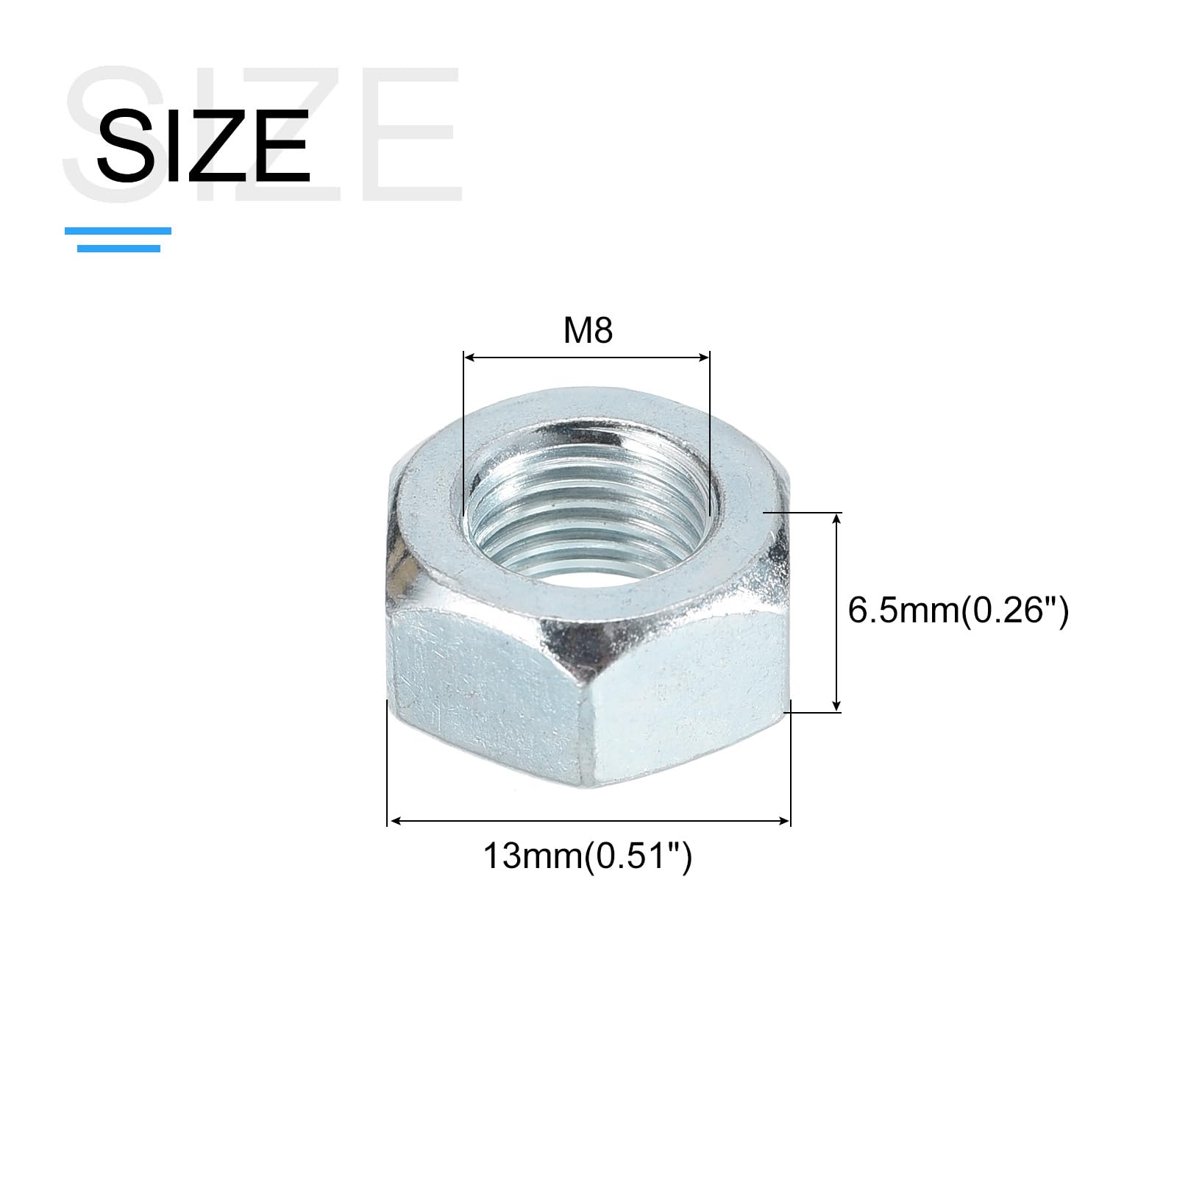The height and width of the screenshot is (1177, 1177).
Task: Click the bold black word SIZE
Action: point(203,145)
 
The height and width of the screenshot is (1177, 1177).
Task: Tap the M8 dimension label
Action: point(588,331)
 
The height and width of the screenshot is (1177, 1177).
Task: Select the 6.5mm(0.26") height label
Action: point(958,611)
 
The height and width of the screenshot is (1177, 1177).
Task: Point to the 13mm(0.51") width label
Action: point(588,856)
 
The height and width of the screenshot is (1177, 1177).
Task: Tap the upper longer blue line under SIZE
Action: point(118,231)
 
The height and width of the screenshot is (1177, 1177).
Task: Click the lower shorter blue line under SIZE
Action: point(118,249)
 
